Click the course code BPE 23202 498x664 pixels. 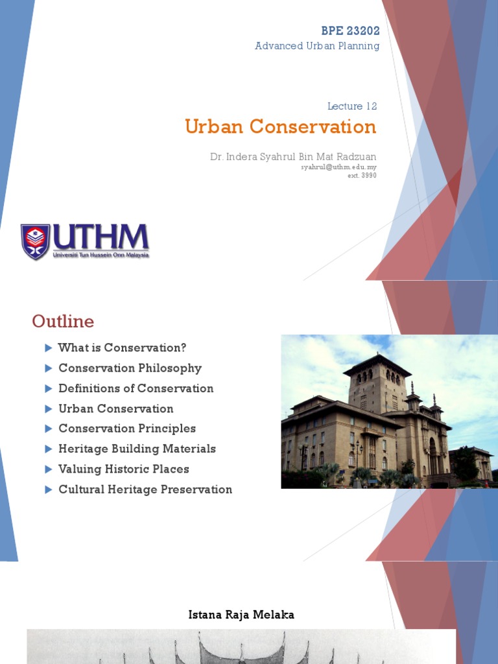pos(350,30)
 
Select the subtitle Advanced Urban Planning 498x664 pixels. pos(317,46)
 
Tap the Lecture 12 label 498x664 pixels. pos(352,106)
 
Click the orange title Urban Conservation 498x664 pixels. pos(280,126)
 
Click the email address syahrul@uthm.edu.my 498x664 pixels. pos(338,167)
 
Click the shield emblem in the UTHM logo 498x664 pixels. pos(35,241)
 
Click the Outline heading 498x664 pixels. pos(63,322)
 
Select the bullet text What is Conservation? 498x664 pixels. pos(122,348)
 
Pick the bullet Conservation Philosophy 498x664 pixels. pos(130,368)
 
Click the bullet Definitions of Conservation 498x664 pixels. pos(136,388)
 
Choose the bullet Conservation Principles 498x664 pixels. pos(127,429)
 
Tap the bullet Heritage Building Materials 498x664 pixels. pos(137,449)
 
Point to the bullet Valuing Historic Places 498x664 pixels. pos(124,469)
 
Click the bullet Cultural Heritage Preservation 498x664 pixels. pos(145,490)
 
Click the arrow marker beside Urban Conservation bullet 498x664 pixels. pos(48,409)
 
